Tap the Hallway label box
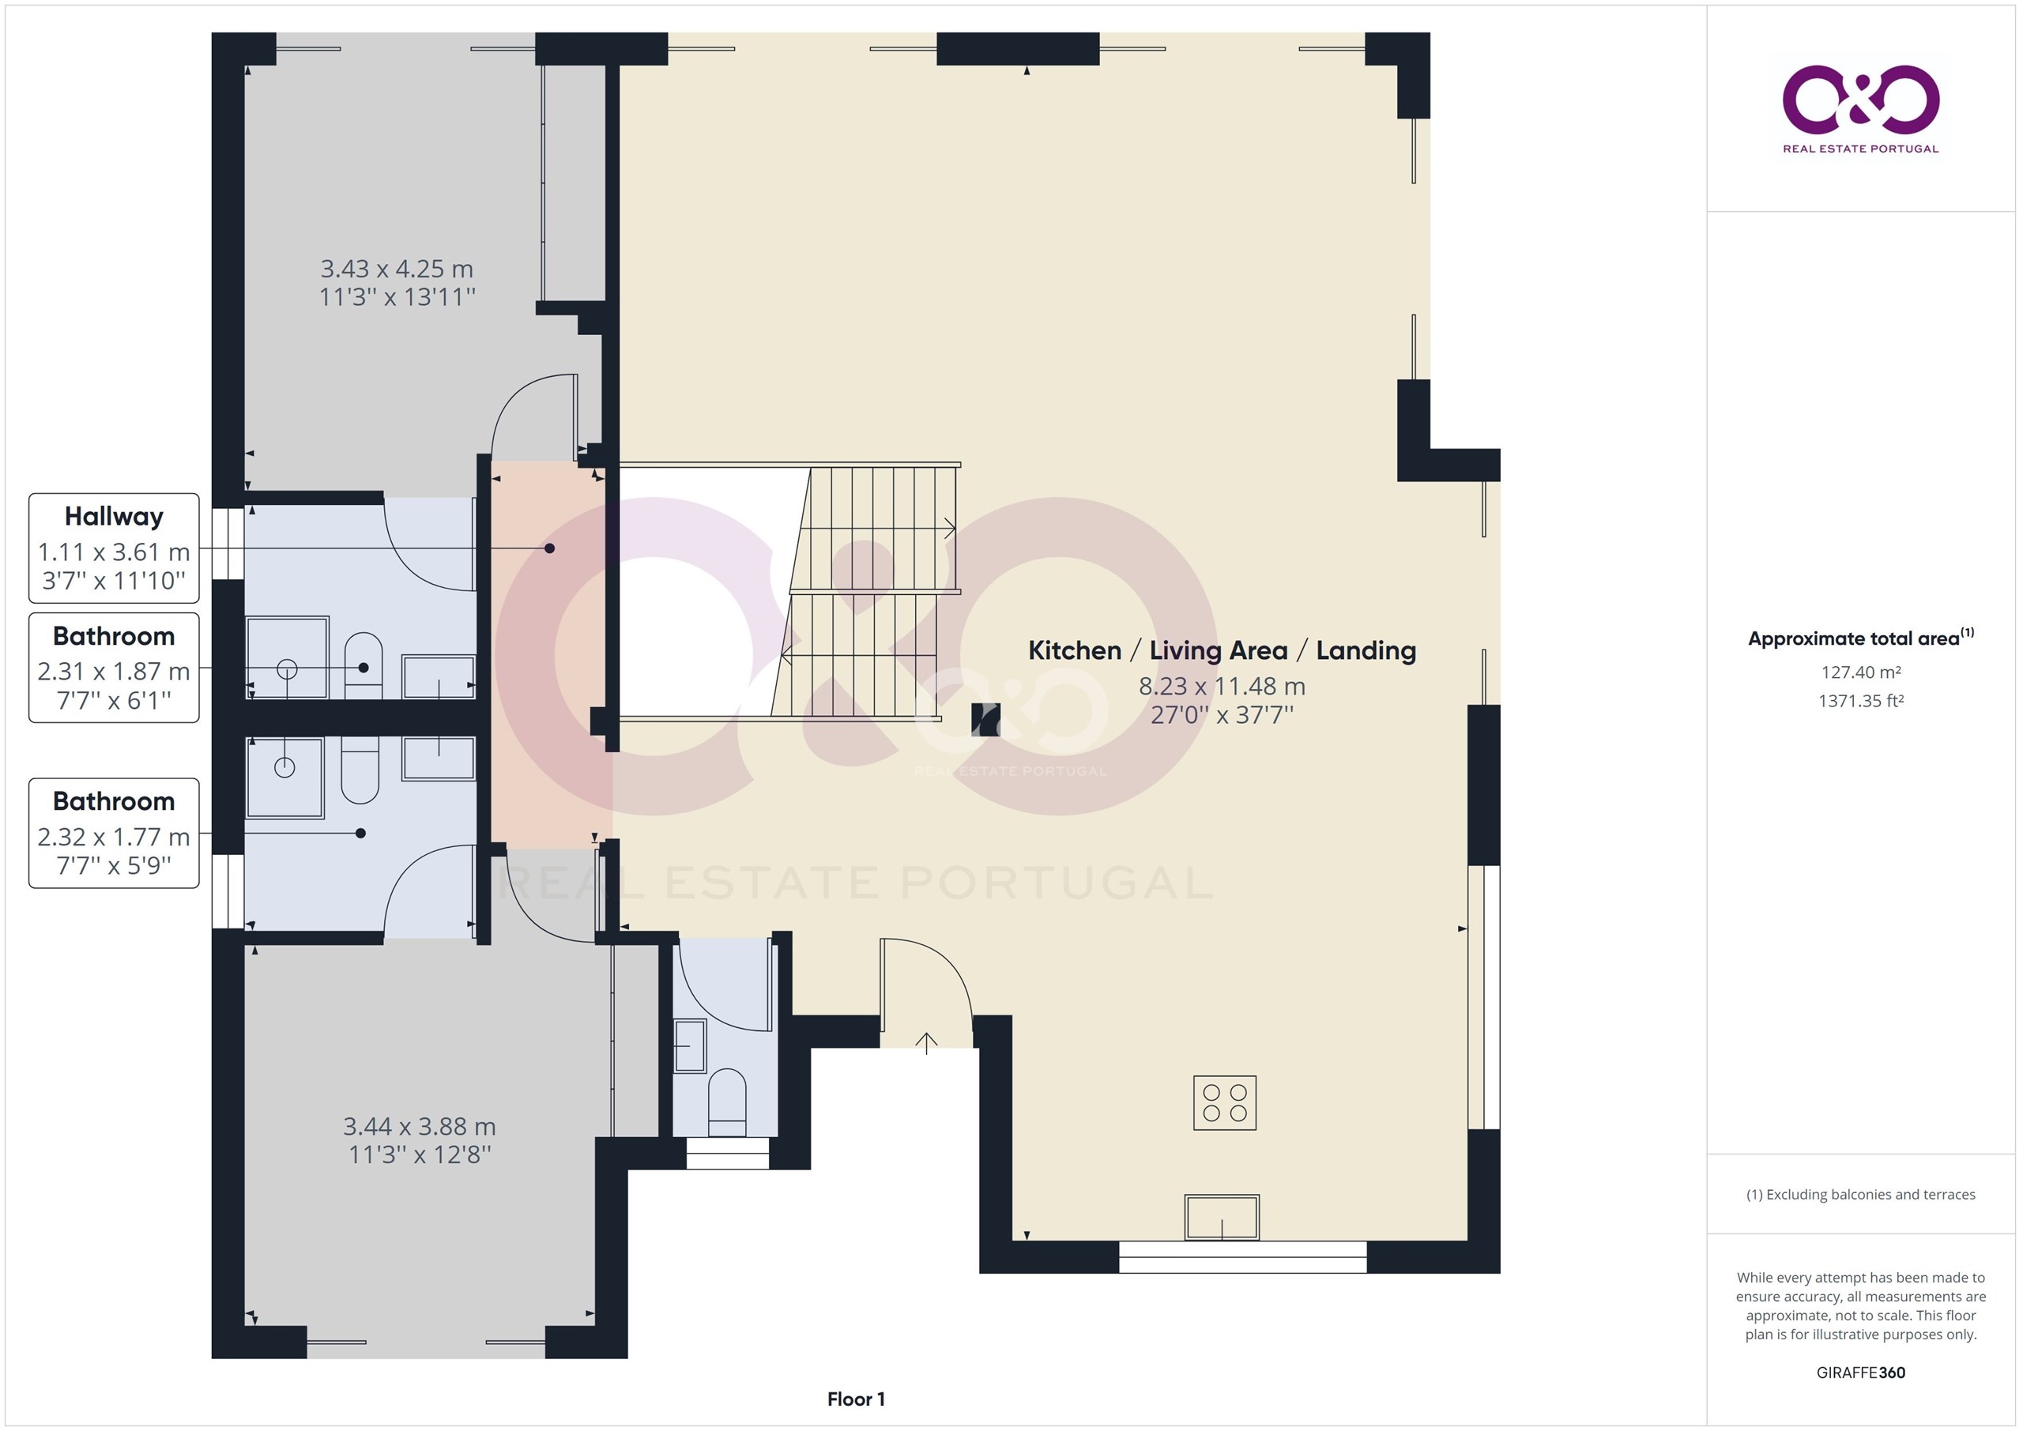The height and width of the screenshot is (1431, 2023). coord(114,548)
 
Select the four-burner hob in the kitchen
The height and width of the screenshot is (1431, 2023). coord(1225,1102)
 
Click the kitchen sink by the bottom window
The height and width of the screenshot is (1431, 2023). coord(1221,1217)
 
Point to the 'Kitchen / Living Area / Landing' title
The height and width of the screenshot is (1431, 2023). coord(1222,650)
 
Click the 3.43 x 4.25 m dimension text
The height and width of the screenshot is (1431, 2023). coord(397,269)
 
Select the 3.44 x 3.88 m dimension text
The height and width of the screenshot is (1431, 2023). coord(420,1126)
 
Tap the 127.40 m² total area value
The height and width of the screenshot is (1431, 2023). coord(1861,672)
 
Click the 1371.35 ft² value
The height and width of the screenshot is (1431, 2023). coord(1861,701)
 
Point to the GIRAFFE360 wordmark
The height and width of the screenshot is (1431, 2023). coord(1861,1372)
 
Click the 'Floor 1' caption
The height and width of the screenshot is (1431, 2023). coord(856,1399)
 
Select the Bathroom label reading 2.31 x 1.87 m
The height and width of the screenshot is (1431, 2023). coord(114,668)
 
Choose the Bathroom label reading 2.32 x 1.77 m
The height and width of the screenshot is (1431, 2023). coord(114,833)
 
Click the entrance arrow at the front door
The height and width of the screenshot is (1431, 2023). coord(926,1043)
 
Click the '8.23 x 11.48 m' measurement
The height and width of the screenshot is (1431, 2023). coord(1222,686)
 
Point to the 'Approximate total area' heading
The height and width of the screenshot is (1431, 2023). coord(1861,638)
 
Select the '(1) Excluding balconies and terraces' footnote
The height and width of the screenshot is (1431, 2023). coord(1861,1194)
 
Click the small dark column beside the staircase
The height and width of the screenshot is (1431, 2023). coord(985,719)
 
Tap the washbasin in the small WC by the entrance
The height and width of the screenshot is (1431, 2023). coord(690,1046)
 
